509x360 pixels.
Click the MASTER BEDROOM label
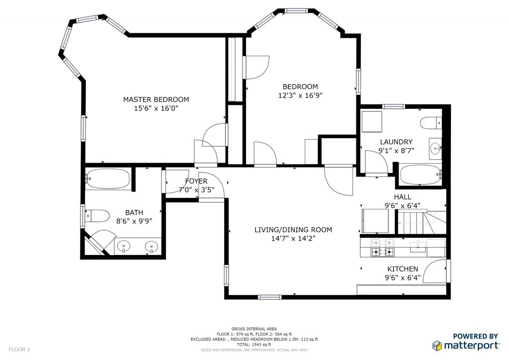[156, 99]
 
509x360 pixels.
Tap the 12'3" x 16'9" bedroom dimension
[300, 95]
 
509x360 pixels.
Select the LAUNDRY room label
[396, 142]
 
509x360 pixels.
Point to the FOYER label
[196, 181]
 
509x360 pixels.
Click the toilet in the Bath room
[97, 216]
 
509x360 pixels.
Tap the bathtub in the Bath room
[108, 179]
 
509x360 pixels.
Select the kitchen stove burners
[382, 247]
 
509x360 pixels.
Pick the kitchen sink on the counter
[418, 247]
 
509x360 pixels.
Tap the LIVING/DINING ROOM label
[293, 230]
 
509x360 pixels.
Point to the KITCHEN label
[403, 269]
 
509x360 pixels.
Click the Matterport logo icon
[437, 346]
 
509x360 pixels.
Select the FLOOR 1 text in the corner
[19, 350]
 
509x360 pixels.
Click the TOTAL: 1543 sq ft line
[254, 345]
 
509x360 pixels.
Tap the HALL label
[403, 197]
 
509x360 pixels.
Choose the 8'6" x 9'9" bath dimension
[134, 221]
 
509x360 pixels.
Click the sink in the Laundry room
[435, 149]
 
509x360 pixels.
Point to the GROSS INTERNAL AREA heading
[254, 329]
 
